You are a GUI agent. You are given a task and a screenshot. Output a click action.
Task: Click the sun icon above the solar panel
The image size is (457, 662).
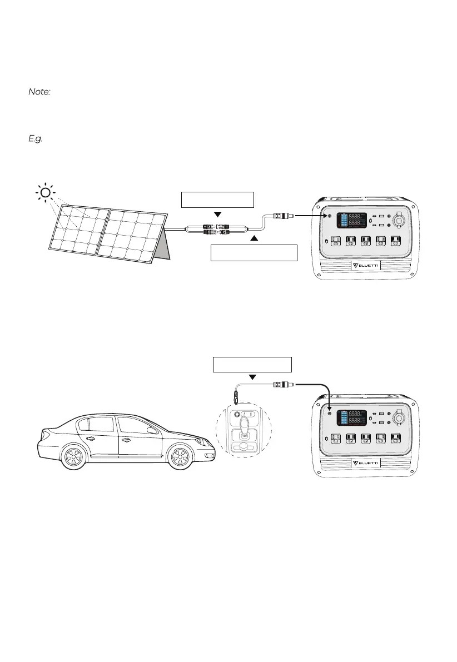(45, 193)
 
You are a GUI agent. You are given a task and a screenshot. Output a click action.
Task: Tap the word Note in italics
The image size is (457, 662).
(39, 92)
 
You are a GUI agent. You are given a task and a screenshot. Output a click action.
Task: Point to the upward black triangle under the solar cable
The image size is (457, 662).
(255, 238)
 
